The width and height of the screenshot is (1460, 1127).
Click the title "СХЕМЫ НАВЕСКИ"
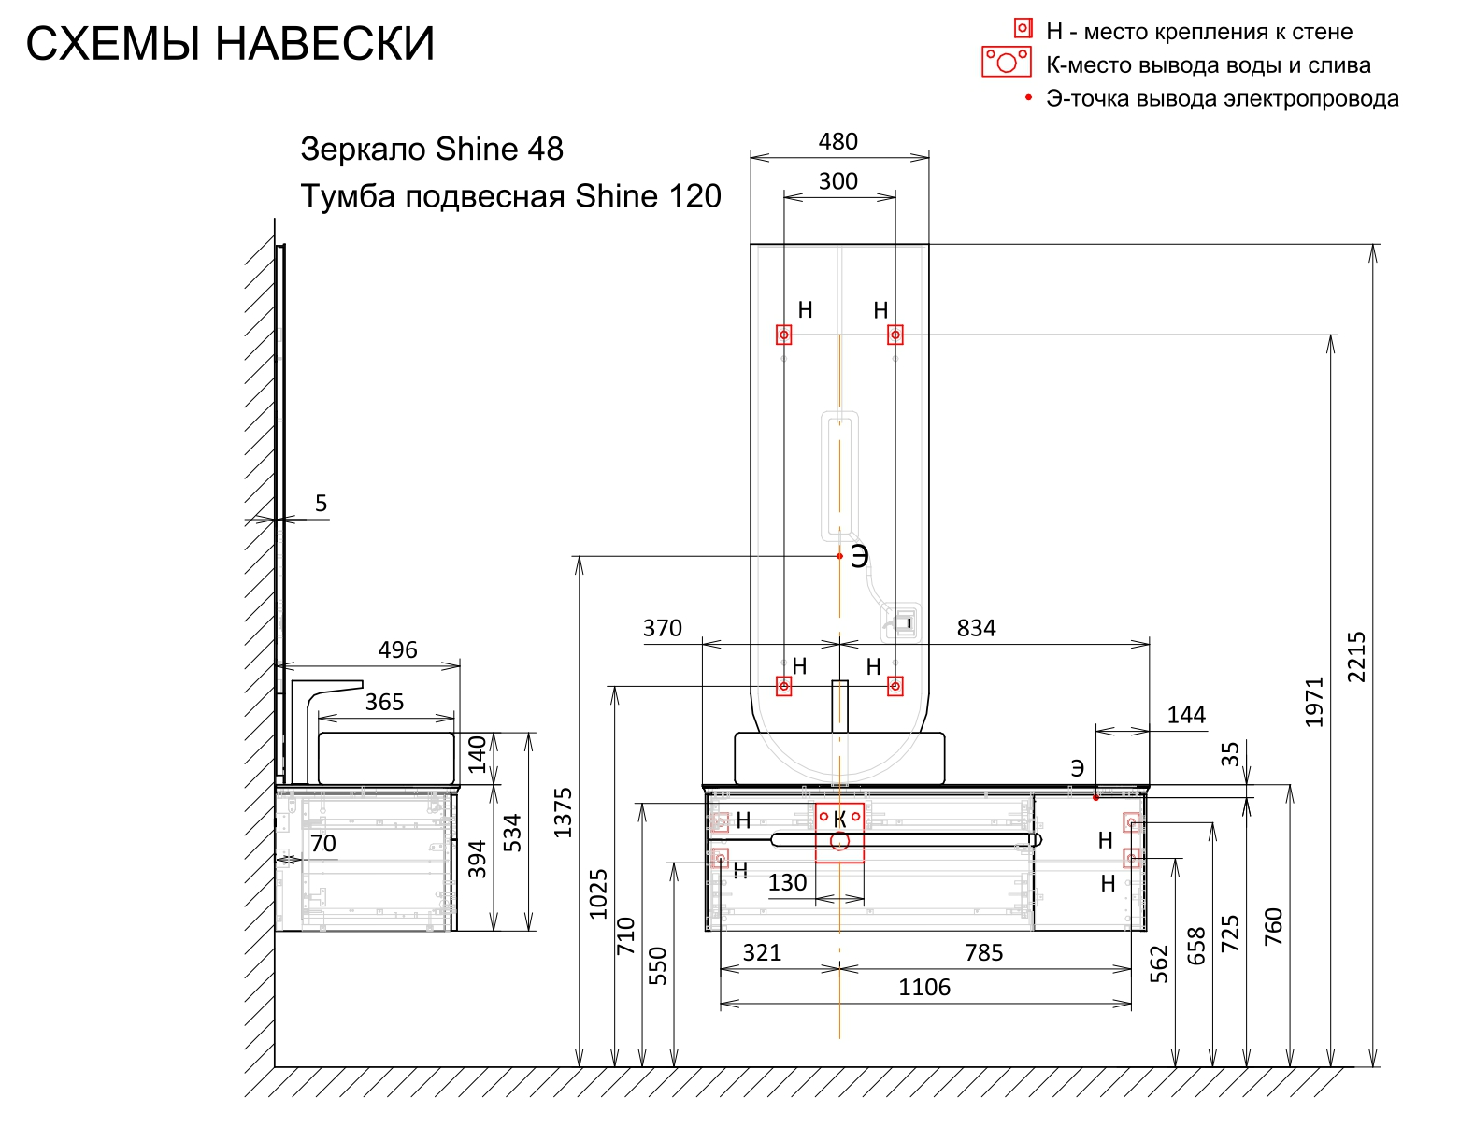(230, 44)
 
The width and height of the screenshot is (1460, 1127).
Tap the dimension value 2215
(1356, 657)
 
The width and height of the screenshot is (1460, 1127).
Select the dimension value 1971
(1315, 702)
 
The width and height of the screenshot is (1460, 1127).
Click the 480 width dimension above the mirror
(837, 142)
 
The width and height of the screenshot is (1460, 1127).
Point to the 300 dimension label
(837, 181)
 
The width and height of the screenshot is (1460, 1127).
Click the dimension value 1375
(563, 813)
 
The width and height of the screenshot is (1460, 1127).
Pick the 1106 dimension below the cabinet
(924, 988)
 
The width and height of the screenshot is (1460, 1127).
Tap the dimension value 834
(976, 628)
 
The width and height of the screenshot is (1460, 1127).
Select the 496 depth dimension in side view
(397, 650)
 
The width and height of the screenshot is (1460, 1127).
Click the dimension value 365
(384, 703)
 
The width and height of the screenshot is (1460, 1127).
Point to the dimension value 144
(1186, 716)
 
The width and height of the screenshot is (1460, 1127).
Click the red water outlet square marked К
(839, 832)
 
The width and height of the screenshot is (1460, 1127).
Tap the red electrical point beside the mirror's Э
(839, 556)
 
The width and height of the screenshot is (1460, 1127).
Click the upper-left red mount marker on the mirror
(784, 335)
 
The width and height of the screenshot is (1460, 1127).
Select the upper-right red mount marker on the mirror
(895, 335)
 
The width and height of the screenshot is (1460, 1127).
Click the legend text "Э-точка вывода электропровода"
(1223, 99)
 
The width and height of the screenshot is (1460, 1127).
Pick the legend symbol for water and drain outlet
(1006, 63)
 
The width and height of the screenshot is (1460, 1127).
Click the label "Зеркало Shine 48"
(432, 150)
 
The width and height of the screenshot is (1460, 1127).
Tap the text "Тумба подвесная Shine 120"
(510, 197)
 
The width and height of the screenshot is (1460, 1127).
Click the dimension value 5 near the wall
(321, 505)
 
